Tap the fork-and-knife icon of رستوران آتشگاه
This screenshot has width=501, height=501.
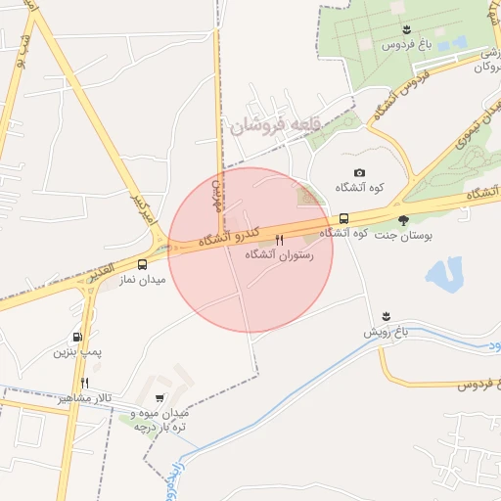(x=280, y=240)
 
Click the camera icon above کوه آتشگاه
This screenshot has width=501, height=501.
(x=358, y=173)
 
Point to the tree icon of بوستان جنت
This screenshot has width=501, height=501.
(x=403, y=220)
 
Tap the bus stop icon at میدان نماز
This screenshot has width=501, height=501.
(x=143, y=264)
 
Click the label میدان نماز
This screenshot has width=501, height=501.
(x=143, y=279)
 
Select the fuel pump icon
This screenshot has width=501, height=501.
(x=77, y=337)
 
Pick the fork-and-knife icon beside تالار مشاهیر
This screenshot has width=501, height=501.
(x=85, y=384)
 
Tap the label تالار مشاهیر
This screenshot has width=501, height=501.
(x=84, y=399)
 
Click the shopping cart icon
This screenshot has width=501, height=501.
(x=159, y=398)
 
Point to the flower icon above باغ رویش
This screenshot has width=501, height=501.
(x=387, y=316)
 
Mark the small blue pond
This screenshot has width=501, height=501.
(x=445, y=273)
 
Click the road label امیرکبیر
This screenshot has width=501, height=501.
(x=142, y=209)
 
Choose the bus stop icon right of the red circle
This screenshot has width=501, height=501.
(x=343, y=217)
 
